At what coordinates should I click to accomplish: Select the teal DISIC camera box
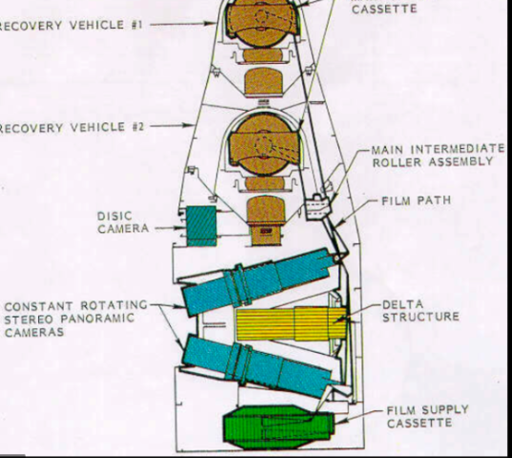[x=202, y=225]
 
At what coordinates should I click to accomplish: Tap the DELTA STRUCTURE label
[x=420, y=311]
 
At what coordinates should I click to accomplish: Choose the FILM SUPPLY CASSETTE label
[x=427, y=417]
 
